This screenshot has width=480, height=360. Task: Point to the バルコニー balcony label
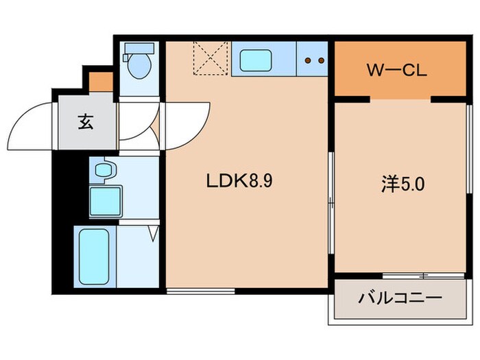click(400, 299)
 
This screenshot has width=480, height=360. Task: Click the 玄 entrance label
click(85, 123)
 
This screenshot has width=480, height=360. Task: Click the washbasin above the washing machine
click(104, 169)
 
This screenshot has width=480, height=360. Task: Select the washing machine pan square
click(105, 200)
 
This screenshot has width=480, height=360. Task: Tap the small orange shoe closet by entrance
click(101, 81)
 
